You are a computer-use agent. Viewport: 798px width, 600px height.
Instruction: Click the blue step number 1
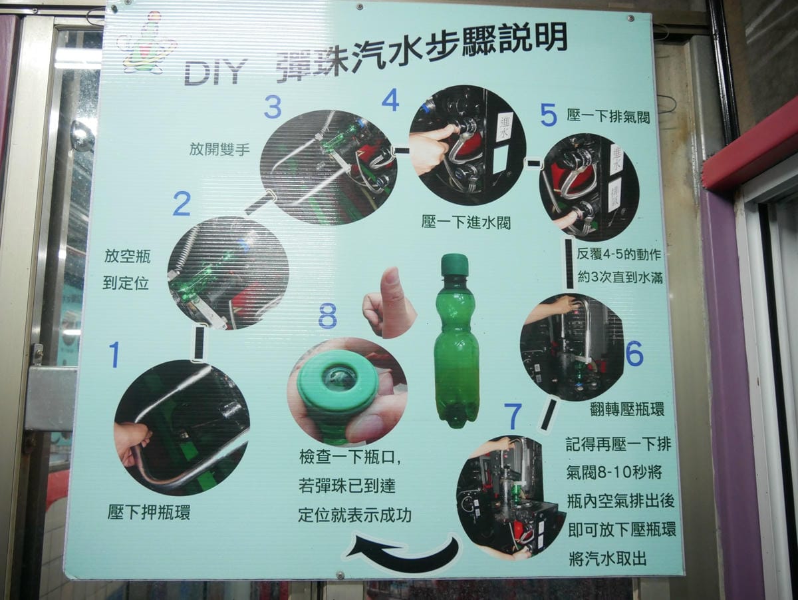[x=114, y=354]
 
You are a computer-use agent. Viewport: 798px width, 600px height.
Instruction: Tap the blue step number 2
[x=181, y=204]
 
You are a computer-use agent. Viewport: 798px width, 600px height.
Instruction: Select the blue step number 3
[x=273, y=107]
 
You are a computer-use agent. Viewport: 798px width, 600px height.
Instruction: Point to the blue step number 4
[x=390, y=100]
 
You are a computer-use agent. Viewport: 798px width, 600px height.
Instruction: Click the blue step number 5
[x=548, y=115]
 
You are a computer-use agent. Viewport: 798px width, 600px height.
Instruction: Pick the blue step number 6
[x=634, y=354]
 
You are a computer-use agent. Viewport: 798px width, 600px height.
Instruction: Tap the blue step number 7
[x=512, y=417]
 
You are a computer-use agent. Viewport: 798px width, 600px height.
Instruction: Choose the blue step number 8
[x=327, y=316]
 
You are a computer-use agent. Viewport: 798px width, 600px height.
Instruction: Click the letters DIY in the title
[x=215, y=72]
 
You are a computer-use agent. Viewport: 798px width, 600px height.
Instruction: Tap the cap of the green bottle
[x=454, y=264]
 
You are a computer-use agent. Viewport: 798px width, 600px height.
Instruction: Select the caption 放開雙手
[x=219, y=150]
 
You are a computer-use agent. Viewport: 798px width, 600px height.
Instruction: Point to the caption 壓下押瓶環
[x=148, y=513]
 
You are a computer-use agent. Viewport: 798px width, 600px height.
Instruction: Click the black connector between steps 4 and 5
[x=533, y=161]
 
